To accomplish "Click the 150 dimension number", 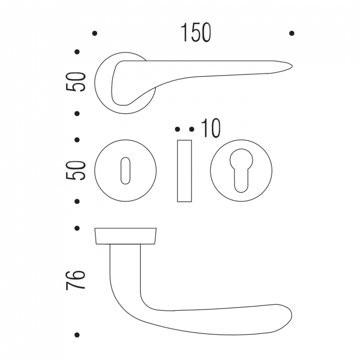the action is click(x=196, y=33).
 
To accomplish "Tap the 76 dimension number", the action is click(x=76, y=280).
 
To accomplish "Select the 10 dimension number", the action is click(x=211, y=128).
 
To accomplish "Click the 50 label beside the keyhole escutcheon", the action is click(x=76, y=171).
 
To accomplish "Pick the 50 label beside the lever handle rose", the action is click(x=76, y=82).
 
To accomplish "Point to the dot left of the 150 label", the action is click(x=94, y=33).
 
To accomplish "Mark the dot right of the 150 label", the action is click(x=292, y=33).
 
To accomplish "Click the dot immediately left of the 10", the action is click(x=192, y=129).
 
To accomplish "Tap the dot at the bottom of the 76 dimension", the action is click(x=77, y=335).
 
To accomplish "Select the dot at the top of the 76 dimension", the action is click(x=77, y=228).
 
